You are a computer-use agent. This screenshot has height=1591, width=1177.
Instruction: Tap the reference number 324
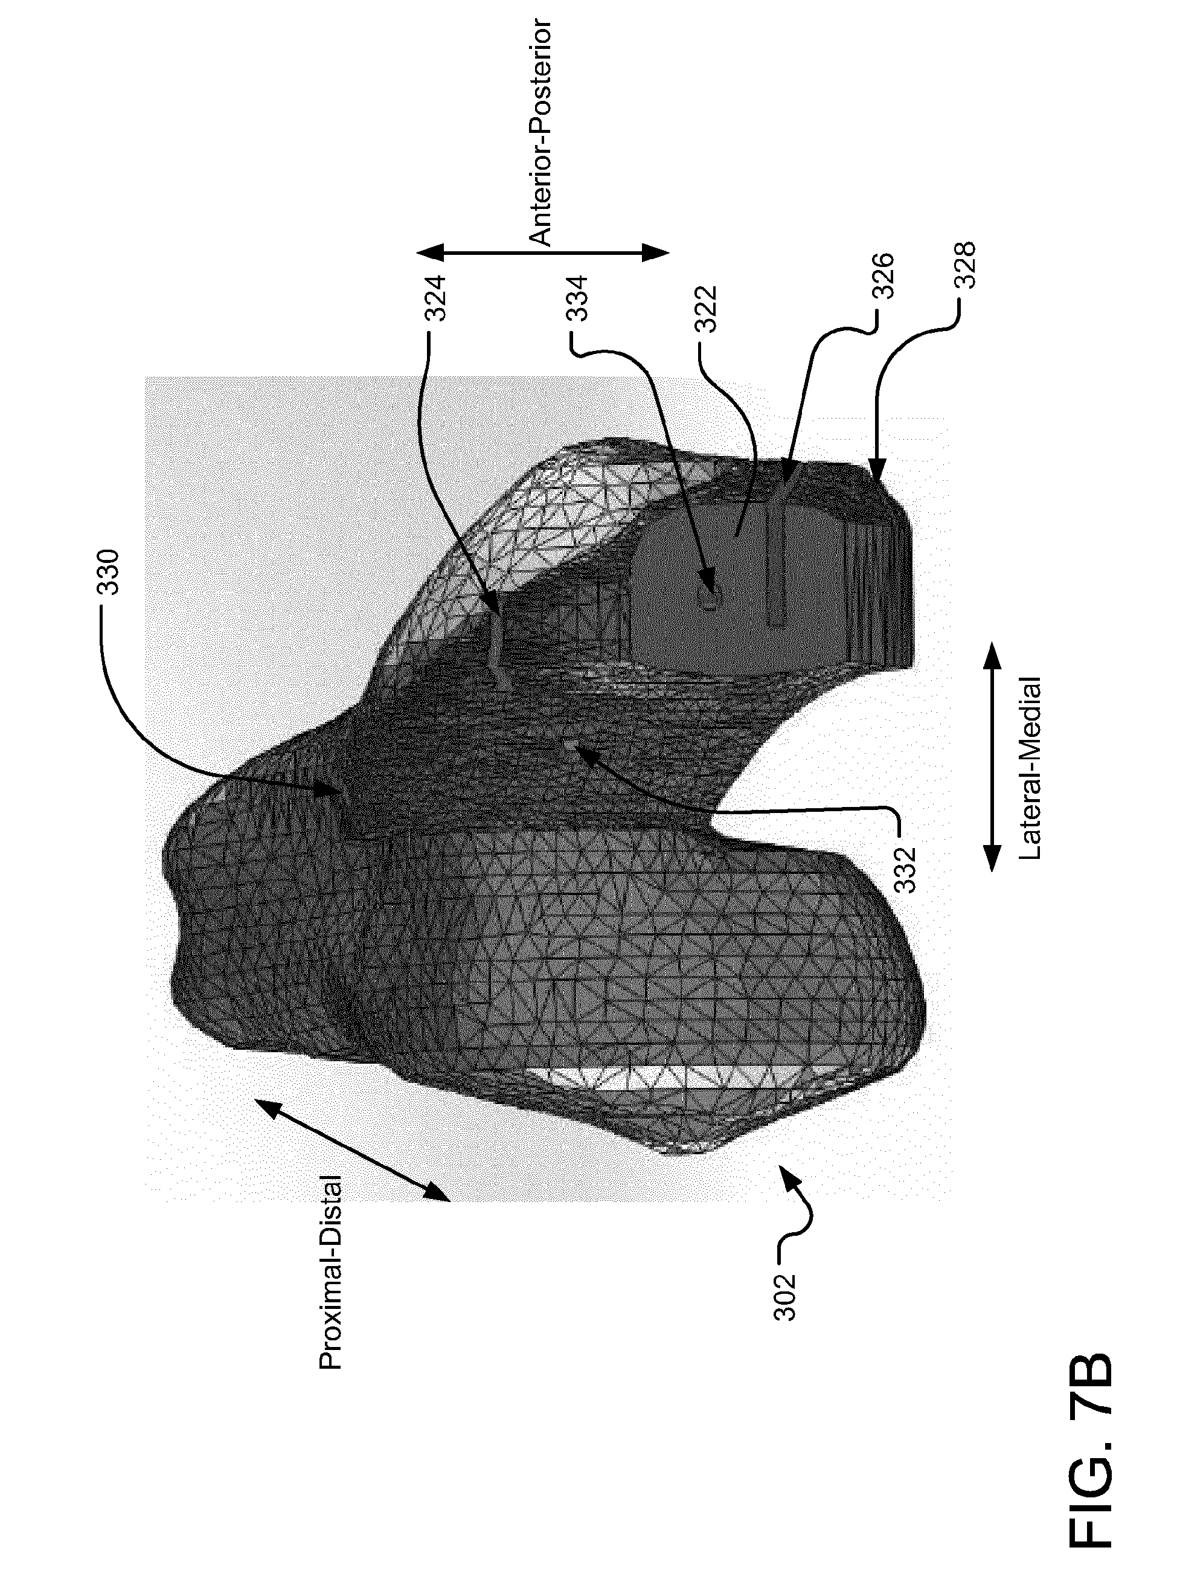click(x=436, y=298)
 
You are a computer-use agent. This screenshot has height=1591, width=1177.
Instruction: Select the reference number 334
click(x=578, y=298)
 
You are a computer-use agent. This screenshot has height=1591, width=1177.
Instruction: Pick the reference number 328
click(x=966, y=266)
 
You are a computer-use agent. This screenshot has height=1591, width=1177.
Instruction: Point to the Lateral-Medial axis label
click(x=1031, y=769)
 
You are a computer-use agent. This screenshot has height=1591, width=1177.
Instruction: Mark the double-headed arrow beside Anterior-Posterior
click(x=543, y=253)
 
